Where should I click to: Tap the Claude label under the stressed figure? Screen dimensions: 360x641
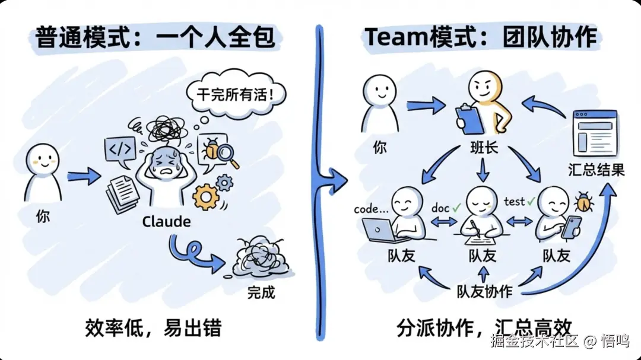[166, 222]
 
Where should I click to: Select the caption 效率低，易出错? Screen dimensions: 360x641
[156, 328]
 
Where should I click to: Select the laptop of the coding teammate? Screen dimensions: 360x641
[380, 231]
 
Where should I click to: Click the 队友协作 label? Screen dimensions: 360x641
[484, 292]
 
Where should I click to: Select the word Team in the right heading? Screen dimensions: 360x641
[392, 37]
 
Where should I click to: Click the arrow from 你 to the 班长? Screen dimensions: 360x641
[426, 106]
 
